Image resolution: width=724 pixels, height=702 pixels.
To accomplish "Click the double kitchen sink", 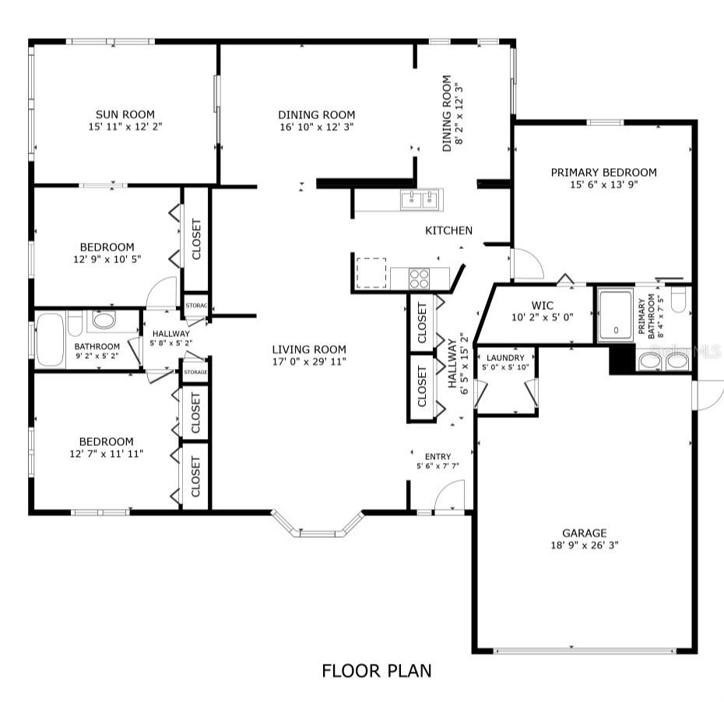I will coord(420,200).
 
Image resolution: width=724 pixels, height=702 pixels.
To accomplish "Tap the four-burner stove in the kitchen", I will coord(420,278).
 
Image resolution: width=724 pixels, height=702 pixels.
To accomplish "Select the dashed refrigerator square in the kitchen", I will coord(371,273).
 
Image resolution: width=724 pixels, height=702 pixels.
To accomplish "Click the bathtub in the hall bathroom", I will coord(51,339).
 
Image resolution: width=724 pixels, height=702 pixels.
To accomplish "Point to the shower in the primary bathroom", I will coord(615,314).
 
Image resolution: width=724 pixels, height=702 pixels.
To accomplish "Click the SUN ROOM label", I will coord(125,114).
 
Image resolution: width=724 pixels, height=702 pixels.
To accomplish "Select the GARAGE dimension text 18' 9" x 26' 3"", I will coord(584,546).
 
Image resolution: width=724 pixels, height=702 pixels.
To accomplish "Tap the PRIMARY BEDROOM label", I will coord(603,173).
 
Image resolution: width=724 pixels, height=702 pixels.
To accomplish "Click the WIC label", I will coord(542,306).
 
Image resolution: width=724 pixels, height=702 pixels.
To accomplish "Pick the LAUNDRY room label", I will coord(506,358).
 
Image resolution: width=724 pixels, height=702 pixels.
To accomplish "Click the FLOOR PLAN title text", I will coord(377,670).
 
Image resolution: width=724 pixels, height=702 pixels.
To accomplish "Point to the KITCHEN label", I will coord(448,230).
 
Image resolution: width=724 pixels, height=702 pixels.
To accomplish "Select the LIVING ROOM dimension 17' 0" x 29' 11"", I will coord(309,361).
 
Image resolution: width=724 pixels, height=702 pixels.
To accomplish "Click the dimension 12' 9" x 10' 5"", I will coord(107,259).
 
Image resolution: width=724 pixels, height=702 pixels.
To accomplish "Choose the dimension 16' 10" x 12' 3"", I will coord(316,126).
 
